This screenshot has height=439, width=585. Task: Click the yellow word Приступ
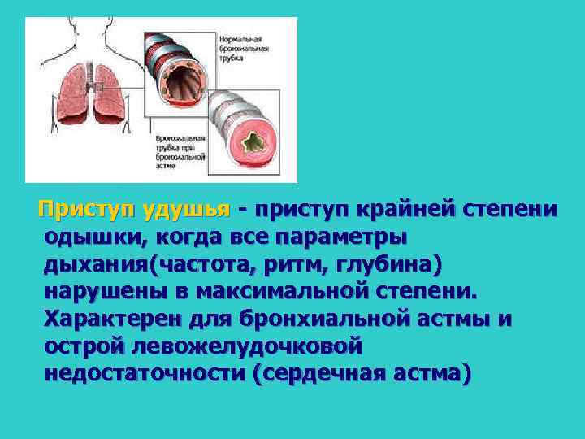click(x=88, y=209)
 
